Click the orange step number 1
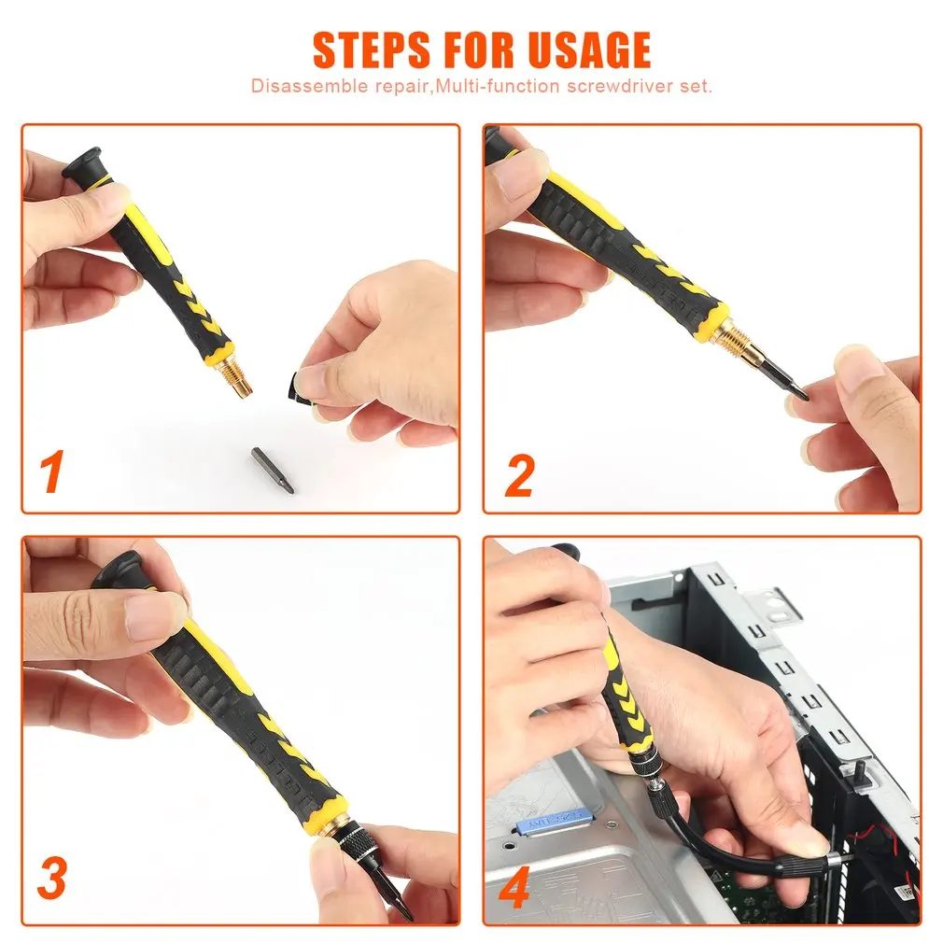pyautogui.click(x=51, y=471)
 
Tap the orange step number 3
pyautogui.click(x=51, y=879)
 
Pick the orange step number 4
pyautogui.click(x=514, y=887)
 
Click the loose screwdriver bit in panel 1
pyautogui.click(x=273, y=470)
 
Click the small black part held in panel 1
pyautogui.click(x=297, y=389)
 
